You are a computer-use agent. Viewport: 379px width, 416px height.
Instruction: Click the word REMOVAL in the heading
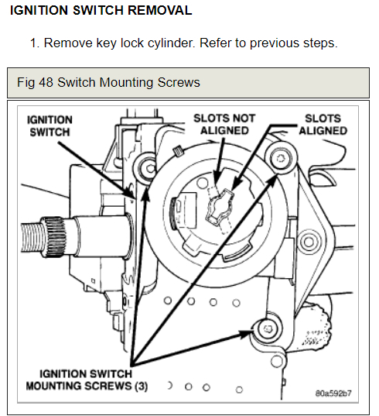click(159, 10)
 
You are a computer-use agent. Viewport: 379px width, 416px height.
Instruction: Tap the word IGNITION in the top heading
click(39, 10)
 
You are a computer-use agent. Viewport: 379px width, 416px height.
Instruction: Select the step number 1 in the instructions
click(34, 43)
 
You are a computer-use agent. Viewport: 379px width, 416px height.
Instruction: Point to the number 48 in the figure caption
click(46, 82)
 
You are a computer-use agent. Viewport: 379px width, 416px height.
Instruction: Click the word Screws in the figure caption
click(179, 82)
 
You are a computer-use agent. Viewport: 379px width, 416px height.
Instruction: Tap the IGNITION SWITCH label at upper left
click(50, 126)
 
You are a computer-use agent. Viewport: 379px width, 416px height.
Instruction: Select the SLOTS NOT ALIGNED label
click(224, 124)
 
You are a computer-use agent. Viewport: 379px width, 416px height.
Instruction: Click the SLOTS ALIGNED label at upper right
click(323, 125)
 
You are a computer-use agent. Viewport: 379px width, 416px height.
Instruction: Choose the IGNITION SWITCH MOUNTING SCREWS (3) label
click(87, 380)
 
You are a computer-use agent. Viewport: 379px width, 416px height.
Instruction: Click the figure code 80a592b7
click(333, 394)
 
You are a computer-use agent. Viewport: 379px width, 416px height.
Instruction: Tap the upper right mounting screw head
click(281, 159)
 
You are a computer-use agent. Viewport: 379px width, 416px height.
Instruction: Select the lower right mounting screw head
click(268, 329)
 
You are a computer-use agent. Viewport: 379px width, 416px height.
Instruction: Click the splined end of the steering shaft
click(43, 236)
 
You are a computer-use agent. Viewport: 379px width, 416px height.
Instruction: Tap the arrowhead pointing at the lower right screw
click(245, 334)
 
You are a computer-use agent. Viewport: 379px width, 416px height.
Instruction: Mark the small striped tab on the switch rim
click(178, 152)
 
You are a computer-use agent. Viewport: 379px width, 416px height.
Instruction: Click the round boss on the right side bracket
click(309, 242)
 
